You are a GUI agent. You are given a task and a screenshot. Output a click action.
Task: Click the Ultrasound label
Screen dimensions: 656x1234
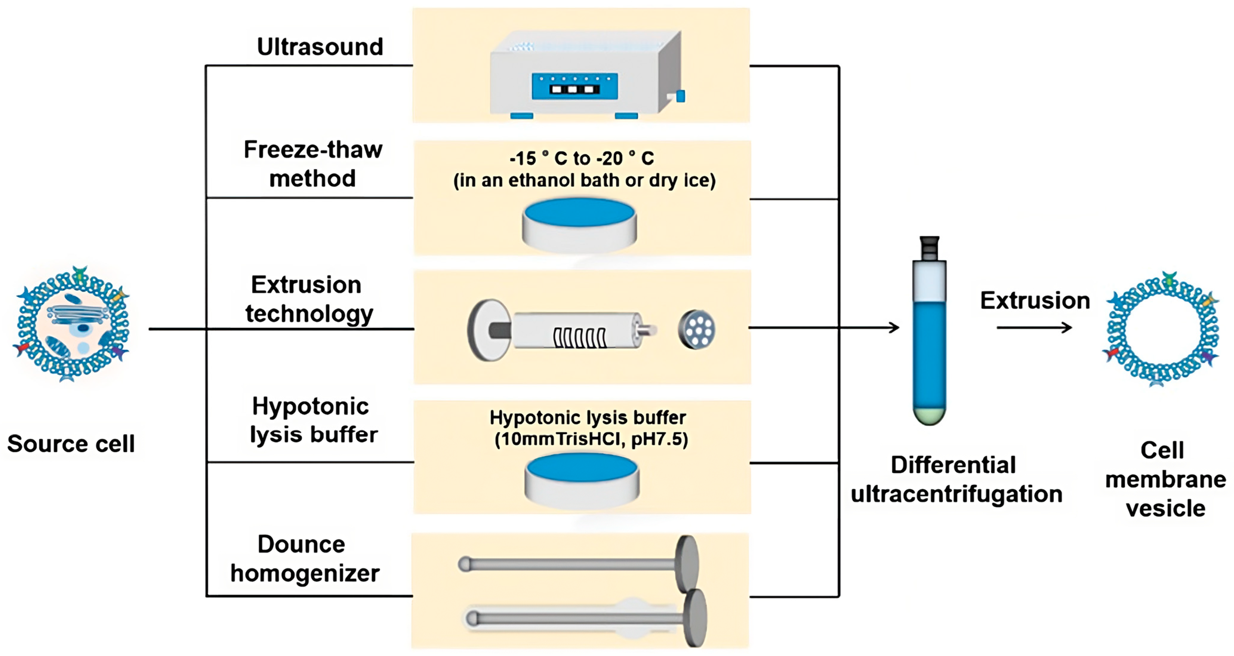click(x=320, y=47)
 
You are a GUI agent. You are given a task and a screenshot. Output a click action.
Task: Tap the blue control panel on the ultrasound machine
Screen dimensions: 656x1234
click(x=574, y=86)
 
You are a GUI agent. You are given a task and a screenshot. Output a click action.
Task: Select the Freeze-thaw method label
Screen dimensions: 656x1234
click(x=313, y=164)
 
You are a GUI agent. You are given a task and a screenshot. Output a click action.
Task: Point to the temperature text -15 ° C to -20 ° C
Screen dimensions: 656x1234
click(x=582, y=158)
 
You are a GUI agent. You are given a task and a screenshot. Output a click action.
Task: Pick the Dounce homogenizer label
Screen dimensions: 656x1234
click(x=305, y=559)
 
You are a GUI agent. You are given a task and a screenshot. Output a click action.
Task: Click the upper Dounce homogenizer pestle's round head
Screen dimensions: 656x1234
click(x=687, y=564)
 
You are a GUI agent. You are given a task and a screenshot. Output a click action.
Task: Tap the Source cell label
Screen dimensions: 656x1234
click(x=71, y=444)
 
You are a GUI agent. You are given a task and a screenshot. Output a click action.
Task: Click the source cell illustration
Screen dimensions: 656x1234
click(x=73, y=324)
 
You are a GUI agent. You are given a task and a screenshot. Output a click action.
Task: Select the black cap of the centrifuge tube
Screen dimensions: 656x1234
click(x=929, y=248)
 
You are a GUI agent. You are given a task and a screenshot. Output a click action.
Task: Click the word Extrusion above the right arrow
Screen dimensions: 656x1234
click(x=1035, y=300)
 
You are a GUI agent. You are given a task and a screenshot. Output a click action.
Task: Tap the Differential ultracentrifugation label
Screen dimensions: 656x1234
click(x=956, y=480)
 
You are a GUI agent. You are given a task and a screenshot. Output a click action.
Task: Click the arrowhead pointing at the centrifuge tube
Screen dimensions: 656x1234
click(x=894, y=328)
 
